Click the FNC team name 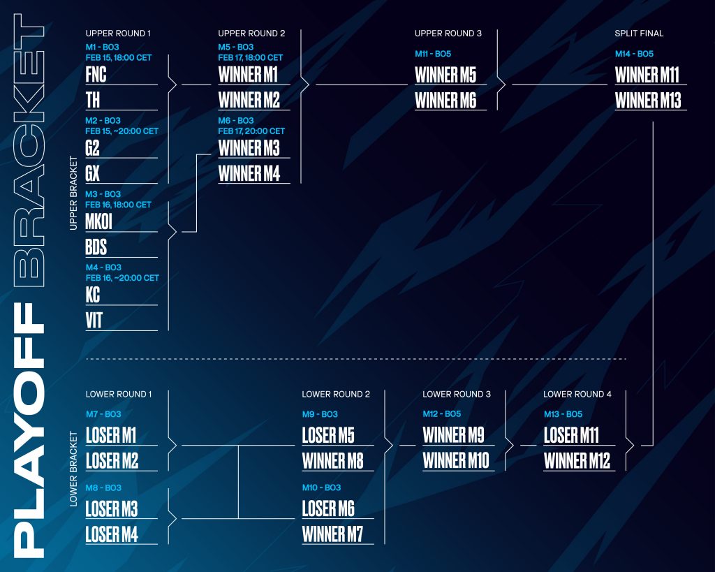point(96,75)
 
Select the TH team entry point(93,101)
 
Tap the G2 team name point(92,148)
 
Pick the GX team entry point(92,174)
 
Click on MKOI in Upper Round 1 point(98,221)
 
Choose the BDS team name point(96,247)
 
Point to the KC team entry point(93,295)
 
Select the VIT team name point(94,321)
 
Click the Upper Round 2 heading point(251,34)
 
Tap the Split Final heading point(639,34)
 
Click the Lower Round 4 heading point(577,394)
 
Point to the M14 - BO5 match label point(634,54)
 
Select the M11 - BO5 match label point(433,54)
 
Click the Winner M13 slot point(648,101)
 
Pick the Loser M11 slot point(571,435)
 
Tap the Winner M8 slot point(333,461)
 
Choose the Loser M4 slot point(112,534)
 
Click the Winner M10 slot point(456,461)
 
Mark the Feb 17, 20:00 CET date point(251,131)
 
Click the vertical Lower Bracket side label point(73,469)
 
